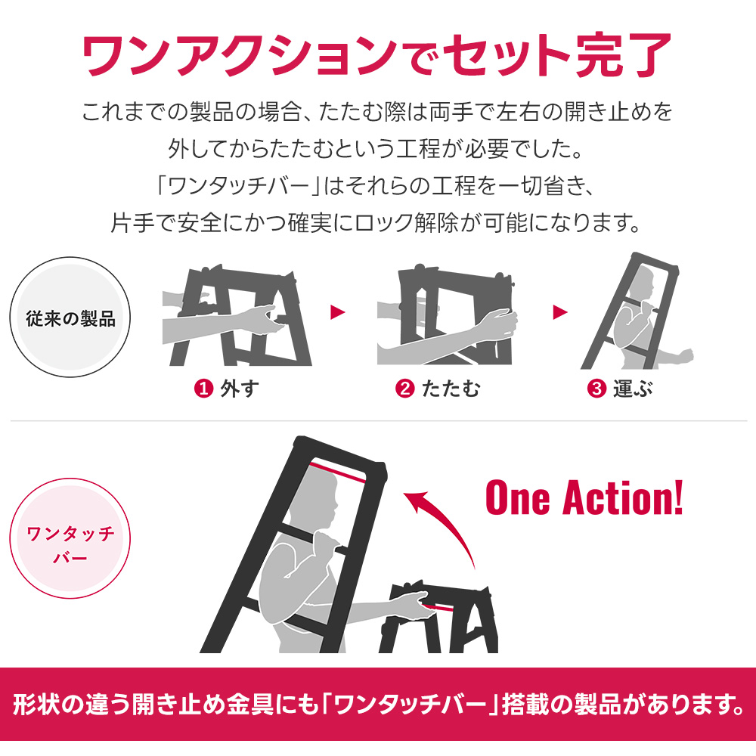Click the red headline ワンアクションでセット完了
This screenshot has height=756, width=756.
coord(377,55)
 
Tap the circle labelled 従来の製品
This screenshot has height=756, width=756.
coord(70,318)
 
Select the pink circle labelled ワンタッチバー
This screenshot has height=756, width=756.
coord(70,538)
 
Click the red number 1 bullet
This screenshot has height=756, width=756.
coord(203,388)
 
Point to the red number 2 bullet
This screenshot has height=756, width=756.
coord(405,388)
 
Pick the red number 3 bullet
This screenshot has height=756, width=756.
coord(596,388)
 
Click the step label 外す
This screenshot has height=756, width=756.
coord(240,389)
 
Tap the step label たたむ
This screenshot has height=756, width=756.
coord(451,389)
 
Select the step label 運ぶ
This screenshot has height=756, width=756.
coord(633,389)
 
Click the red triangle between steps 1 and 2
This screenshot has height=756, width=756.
coord(337,312)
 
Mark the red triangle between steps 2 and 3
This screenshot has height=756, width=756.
coord(559,312)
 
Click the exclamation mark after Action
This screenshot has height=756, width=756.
coord(677,497)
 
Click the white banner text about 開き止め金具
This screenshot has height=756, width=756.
coord(378,705)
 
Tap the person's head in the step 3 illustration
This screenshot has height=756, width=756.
coord(642,284)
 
